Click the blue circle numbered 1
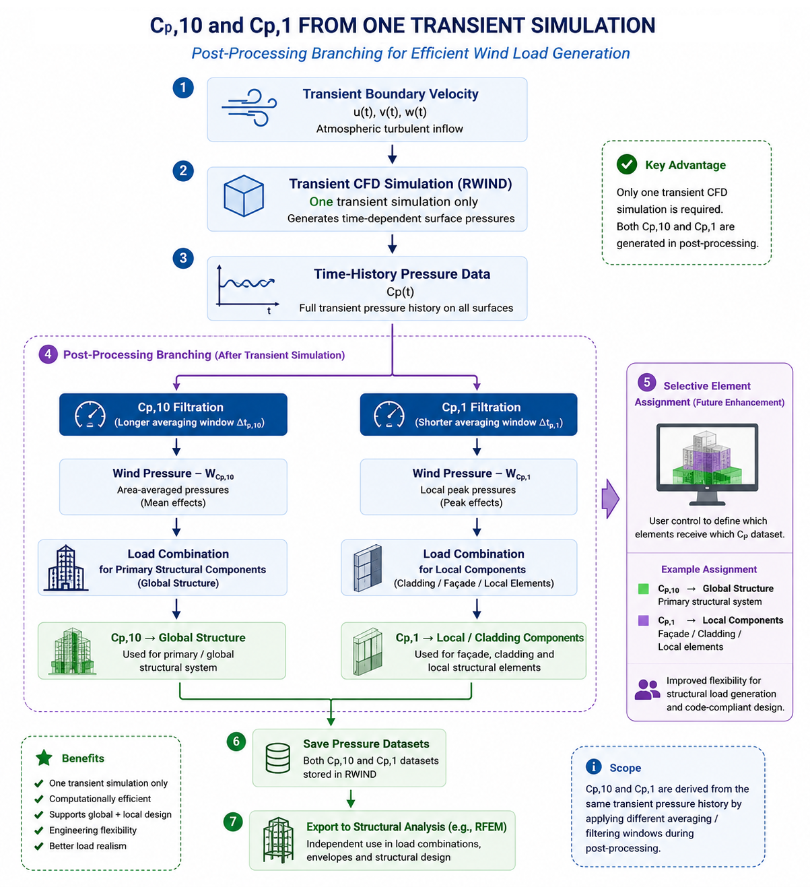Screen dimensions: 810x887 coord(182,88)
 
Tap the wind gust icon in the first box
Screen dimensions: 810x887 coord(249,108)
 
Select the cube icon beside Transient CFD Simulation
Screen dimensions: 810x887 coord(244,195)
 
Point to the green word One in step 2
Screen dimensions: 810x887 coord(320,201)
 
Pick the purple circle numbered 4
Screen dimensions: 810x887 coord(48,354)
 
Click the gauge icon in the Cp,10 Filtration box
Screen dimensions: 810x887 coord(90,414)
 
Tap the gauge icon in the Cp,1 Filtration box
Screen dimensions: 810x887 coord(389,414)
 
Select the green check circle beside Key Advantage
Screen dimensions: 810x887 coord(626,164)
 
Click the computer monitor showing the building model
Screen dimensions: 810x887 coord(706,463)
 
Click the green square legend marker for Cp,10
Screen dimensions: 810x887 coord(643,588)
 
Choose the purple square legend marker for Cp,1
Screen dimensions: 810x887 coord(643,620)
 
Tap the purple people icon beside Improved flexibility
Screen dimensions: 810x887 coord(646,689)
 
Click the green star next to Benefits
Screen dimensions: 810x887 coord(44,757)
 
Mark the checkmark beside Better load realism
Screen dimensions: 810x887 coord(39,845)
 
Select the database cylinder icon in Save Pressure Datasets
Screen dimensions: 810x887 coord(277,758)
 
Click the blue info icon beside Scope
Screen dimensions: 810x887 coord(593,766)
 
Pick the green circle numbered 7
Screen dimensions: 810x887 coord(232,821)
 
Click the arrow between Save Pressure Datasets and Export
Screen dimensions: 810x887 coord(350,797)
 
